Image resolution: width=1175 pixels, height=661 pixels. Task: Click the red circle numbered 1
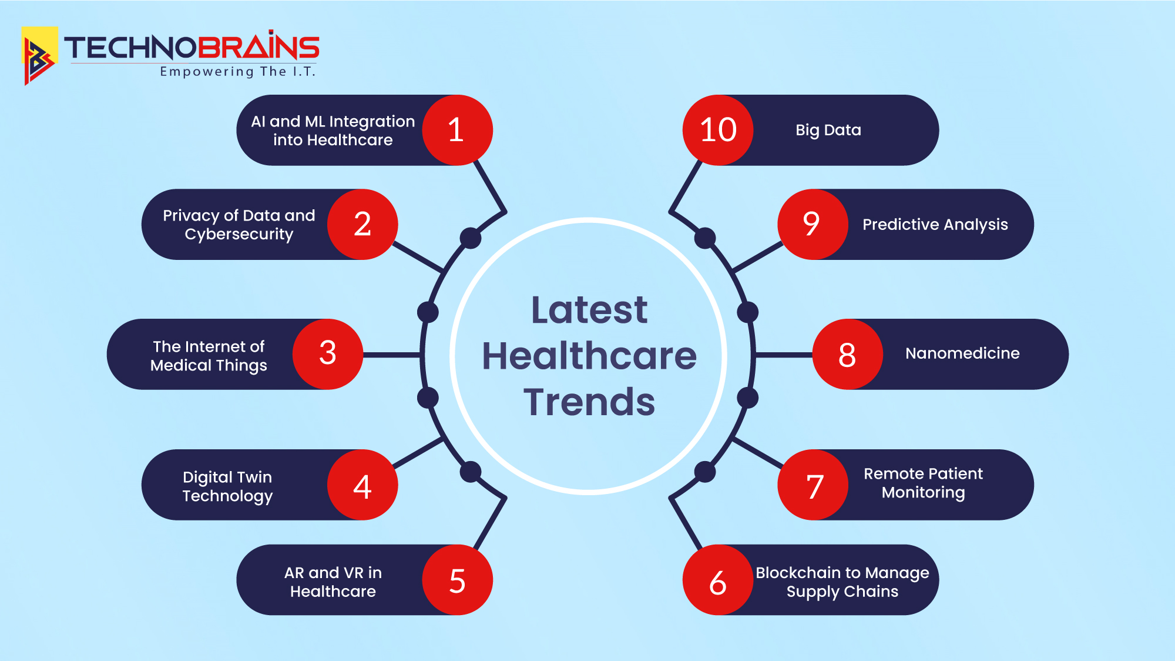click(457, 130)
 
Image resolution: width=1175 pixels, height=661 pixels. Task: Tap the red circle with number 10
click(718, 130)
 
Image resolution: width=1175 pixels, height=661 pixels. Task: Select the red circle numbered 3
click(328, 354)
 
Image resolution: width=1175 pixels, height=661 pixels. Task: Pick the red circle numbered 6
click(718, 580)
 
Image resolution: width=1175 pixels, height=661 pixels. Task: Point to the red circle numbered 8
click(848, 354)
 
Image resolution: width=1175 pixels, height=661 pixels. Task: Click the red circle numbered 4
click(362, 485)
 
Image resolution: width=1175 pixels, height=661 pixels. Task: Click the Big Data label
click(828, 131)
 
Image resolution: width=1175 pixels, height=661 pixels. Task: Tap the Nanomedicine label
click(962, 353)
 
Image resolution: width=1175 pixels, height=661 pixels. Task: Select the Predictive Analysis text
click(935, 225)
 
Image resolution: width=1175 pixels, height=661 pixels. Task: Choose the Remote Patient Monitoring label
click(923, 483)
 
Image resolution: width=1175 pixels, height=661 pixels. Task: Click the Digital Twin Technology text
click(227, 486)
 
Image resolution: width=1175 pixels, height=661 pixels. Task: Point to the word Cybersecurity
click(239, 235)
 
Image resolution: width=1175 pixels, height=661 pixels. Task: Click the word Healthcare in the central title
click(589, 356)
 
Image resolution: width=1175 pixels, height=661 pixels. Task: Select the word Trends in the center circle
click(589, 402)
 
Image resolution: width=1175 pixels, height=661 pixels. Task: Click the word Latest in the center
click(589, 309)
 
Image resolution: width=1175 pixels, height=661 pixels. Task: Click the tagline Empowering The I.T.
click(238, 72)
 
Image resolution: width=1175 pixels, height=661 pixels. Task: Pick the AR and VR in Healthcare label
click(333, 582)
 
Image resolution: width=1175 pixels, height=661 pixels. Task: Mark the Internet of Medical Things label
click(209, 356)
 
